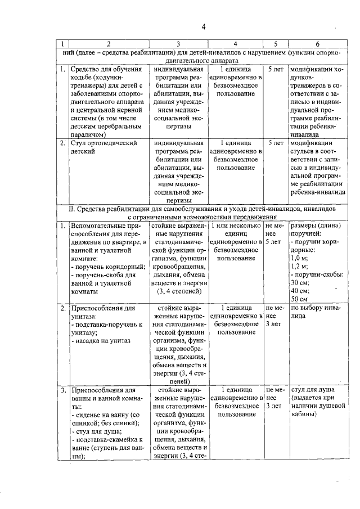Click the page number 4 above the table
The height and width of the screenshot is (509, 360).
click(204, 26)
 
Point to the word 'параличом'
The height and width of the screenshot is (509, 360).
click(88, 136)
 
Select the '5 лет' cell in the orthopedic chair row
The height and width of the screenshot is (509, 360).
click(276, 143)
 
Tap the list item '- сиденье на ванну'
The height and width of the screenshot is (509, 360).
click(101, 414)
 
